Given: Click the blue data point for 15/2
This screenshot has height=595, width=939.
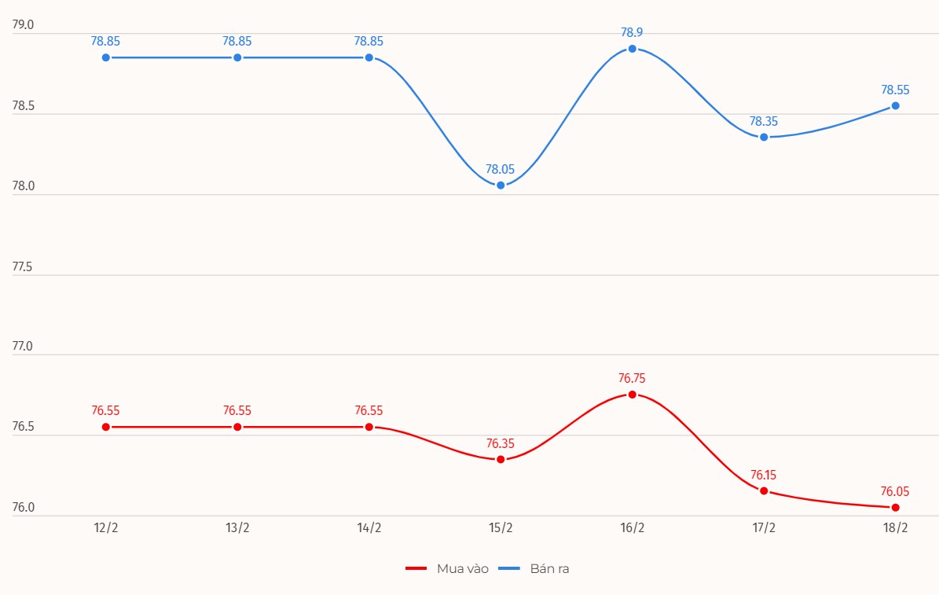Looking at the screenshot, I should click(501, 185).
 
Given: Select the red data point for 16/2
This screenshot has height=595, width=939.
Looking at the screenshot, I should click(632, 395).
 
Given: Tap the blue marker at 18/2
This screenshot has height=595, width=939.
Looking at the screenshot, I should click(895, 105).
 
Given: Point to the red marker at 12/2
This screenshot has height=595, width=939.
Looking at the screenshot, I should click(106, 427).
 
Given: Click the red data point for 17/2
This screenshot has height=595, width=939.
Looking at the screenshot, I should click(764, 490).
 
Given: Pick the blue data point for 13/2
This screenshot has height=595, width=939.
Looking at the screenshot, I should click(237, 57).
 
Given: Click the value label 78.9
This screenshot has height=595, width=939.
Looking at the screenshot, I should click(632, 32).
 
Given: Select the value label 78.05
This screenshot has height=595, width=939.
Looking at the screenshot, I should click(501, 169).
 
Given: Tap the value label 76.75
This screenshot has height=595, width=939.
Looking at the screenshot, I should click(632, 378).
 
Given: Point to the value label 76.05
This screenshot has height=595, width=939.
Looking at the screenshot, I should click(895, 491).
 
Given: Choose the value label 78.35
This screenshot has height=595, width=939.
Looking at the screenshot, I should click(764, 121).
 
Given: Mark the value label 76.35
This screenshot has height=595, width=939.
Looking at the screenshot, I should click(501, 443).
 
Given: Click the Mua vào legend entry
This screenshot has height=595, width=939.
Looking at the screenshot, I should click(447, 568).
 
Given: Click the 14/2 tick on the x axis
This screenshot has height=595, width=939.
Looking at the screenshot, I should click(369, 528).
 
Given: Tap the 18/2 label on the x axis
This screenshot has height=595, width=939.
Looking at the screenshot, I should click(895, 528).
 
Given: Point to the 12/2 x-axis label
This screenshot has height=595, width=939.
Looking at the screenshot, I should click(106, 528).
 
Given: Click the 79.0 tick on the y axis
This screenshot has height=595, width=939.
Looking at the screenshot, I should click(24, 25).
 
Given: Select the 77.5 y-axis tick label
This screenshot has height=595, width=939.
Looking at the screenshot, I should click(24, 267).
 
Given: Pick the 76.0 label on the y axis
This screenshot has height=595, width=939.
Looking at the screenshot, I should click(24, 508).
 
